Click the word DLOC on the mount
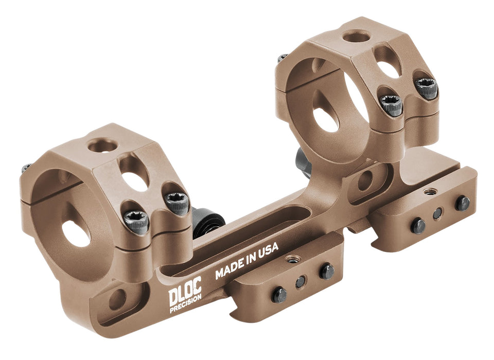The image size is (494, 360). (x=185, y=295)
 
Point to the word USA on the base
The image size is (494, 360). (x=268, y=250)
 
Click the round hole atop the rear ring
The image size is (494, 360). (x=356, y=36)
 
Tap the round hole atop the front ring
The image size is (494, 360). (x=102, y=146)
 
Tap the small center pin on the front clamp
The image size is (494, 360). (x=300, y=282)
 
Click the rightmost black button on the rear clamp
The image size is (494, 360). (x=462, y=203)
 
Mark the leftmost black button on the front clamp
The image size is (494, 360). (x=279, y=295)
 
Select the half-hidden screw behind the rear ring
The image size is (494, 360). (x=282, y=58)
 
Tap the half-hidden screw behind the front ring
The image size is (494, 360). (x=26, y=168)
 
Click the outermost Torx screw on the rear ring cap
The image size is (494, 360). (x=427, y=88)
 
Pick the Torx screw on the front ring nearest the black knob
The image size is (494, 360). (x=177, y=204)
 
